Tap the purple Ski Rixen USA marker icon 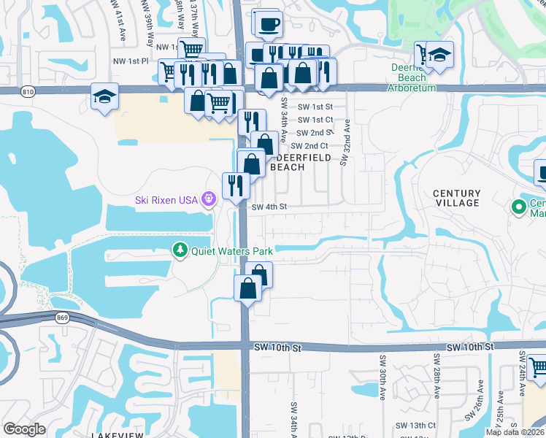click(x=208, y=199)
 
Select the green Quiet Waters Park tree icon click(x=180, y=250)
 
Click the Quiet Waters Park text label click(x=232, y=251)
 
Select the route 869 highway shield click(x=63, y=318)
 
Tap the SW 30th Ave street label click(x=382, y=378)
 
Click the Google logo click(x=24, y=429)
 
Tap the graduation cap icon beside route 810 click(x=104, y=96)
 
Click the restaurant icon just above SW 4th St click(x=236, y=184)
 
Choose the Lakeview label click(x=118, y=434)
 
